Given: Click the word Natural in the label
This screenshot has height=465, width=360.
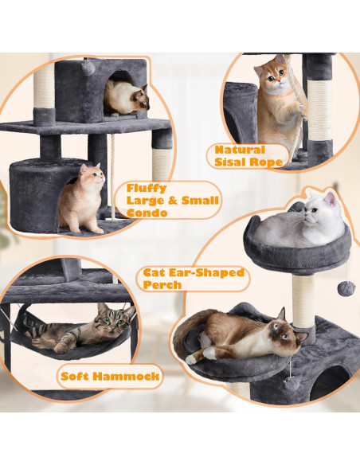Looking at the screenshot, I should [x=237, y=149].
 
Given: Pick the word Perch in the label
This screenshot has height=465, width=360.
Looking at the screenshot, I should [x=164, y=284].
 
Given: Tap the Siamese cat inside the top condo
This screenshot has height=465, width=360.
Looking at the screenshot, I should [x=127, y=99].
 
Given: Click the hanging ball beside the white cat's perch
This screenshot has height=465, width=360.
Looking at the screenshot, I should [x=345, y=287].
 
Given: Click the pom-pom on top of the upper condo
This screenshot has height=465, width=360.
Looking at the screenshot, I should [x=88, y=68].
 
